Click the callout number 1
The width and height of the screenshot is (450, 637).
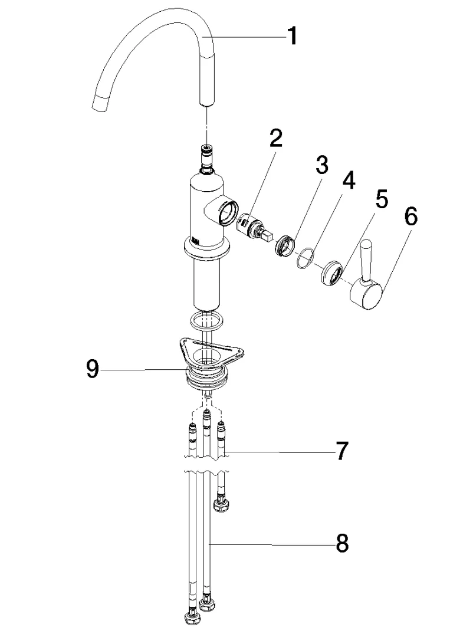[291, 37]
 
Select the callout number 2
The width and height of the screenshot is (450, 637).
[275, 139]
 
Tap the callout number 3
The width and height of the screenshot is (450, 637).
[321, 166]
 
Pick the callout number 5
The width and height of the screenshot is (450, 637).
[382, 200]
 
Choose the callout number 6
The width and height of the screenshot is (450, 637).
[410, 217]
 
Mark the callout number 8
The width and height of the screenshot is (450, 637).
[341, 544]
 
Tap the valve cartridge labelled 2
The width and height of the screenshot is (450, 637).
[254, 229]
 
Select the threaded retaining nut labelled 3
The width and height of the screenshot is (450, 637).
[285, 244]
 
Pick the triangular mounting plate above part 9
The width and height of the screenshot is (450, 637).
[206, 352]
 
